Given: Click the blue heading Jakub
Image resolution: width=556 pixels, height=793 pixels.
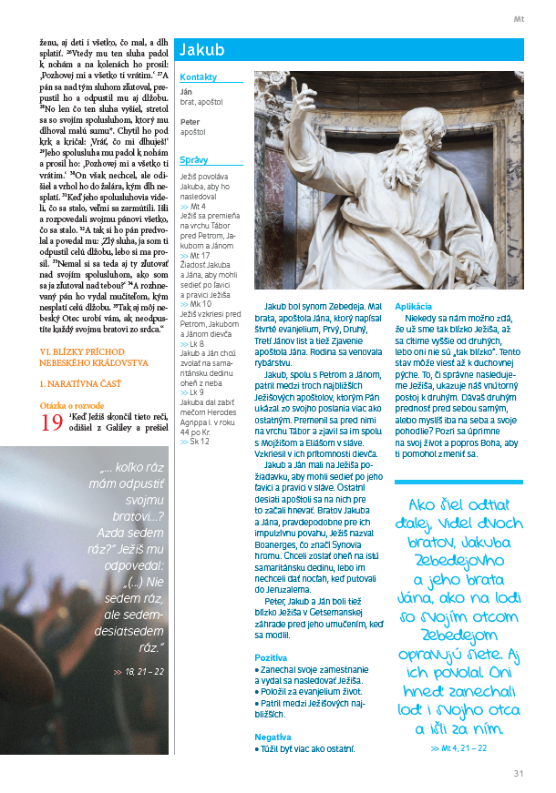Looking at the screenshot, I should pyautogui.click(x=202, y=50).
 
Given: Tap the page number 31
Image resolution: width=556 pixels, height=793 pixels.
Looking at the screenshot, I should pyautogui.click(x=518, y=774).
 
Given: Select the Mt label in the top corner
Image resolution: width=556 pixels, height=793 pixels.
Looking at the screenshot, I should pyautogui.click(x=519, y=17).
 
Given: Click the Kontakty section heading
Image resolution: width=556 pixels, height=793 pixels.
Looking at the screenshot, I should pyautogui.click(x=199, y=77).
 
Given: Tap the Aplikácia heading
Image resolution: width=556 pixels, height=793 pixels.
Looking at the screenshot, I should pyautogui.click(x=415, y=306).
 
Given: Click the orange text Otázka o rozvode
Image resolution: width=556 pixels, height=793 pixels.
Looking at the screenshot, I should pyautogui.click(x=72, y=405).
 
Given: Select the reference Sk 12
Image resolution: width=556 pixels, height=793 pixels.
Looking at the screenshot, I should pyautogui.click(x=200, y=441).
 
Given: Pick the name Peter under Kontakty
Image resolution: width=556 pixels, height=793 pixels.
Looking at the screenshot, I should pyautogui.click(x=190, y=121).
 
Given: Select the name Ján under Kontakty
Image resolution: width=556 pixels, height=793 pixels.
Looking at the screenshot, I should pyautogui.click(x=186, y=92).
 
